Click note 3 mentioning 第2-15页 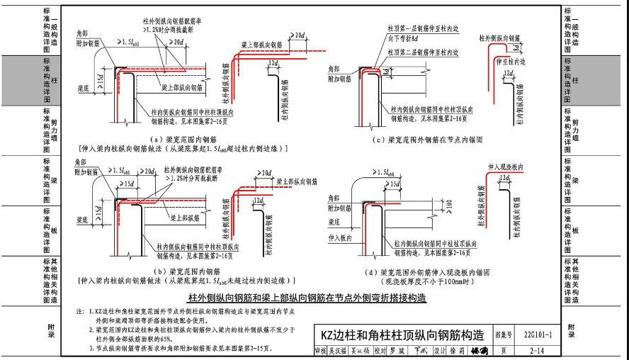[175, 350]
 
